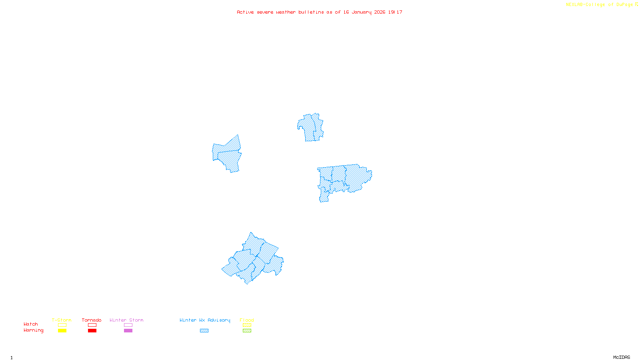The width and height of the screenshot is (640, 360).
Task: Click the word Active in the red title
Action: click(x=245, y=12)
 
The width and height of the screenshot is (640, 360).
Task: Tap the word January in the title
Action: click(x=362, y=12)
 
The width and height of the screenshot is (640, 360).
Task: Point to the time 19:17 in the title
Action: click(x=395, y=12)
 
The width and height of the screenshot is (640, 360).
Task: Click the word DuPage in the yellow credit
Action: click(x=624, y=4)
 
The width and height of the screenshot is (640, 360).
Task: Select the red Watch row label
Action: click(x=31, y=324)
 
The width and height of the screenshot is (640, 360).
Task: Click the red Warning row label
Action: click(x=34, y=330)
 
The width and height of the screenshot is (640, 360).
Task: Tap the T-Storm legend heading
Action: click(x=62, y=320)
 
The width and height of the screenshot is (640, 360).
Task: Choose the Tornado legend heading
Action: click(x=92, y=320)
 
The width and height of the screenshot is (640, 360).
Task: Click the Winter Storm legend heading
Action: click(x=126, y=320)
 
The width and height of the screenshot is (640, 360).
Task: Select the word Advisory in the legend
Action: click(x=219, y=320)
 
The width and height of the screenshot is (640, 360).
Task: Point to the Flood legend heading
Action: click(x=247, y=320)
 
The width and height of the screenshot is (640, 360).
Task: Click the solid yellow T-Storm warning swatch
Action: click(x=62, y=331)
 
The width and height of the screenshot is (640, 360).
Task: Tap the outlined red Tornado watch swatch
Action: click(x=92, y=325)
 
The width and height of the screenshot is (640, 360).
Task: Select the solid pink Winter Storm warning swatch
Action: click(x=128, y=331)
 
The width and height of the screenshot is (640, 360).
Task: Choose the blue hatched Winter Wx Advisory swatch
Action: click(x=204, y=331)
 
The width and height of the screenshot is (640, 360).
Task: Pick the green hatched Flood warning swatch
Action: click(x=247, y=331)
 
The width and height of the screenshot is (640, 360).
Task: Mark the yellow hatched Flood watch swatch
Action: click(x=247, y=325)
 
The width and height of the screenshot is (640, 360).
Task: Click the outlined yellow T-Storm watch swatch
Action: click(x=62, y=325)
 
